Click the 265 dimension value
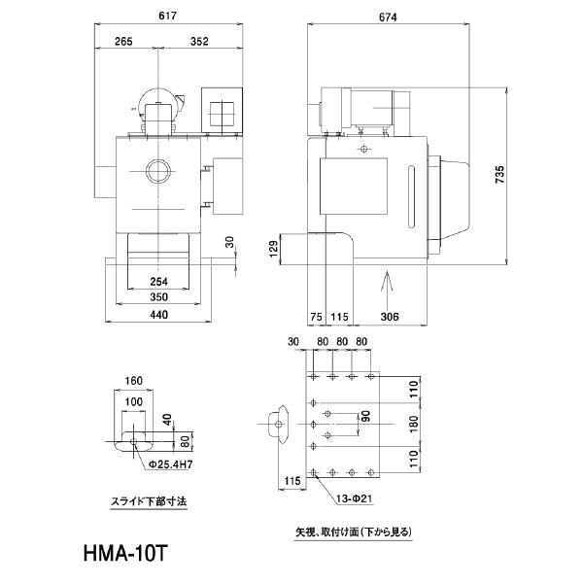[x=122, y=42]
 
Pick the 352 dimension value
[x=199, y=42]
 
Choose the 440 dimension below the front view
[x=159, y=314]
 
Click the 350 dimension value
[x=159, y=297]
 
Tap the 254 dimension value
[x=159, y=282]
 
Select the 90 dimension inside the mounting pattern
[x=365, y=417]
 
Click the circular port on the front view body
[x=155, y=175]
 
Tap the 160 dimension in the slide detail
[x=134, y=381]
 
